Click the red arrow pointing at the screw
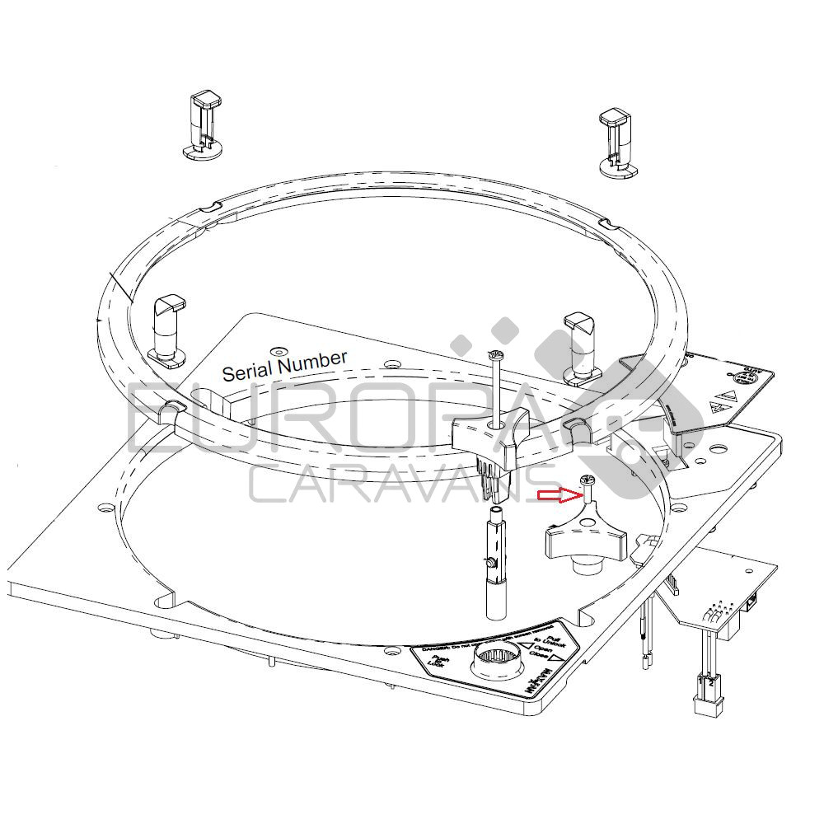pos(556,495)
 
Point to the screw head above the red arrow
pos(588,480)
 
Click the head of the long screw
pos(494,355)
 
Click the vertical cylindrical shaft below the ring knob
pos(497,569)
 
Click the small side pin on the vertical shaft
pos(491,563)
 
